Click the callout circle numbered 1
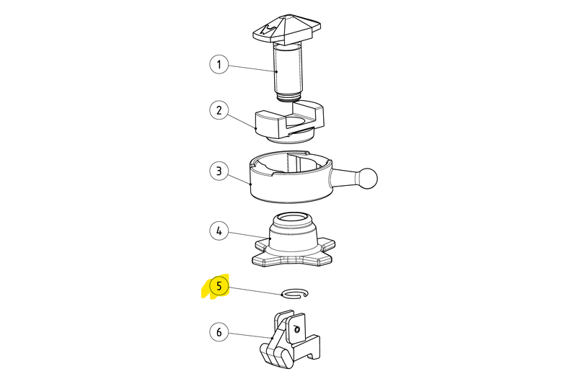click(x=219, y=64)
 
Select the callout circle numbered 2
click(x=219, y=110)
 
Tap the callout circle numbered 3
click(x=219, y=171)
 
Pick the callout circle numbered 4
click(x=219, y=231)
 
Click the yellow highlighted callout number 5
click(x=219, y=286)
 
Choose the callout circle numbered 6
click(x=219, y=332)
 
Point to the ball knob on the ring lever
click(x=367, y=178)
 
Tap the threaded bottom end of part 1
click(x=289, y=97)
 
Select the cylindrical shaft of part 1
click(x=288, y=68)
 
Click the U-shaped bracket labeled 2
click(x=290, y=120)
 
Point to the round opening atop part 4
click(x=293, y=220)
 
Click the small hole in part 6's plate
click(x=298, y=329)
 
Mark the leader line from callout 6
click(x=250, y=335)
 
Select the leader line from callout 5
click(x=255, y=290)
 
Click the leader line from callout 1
click(x=252, y=68)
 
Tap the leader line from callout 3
click(x=239, y=178)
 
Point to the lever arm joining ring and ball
click(x=344, y=176)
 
